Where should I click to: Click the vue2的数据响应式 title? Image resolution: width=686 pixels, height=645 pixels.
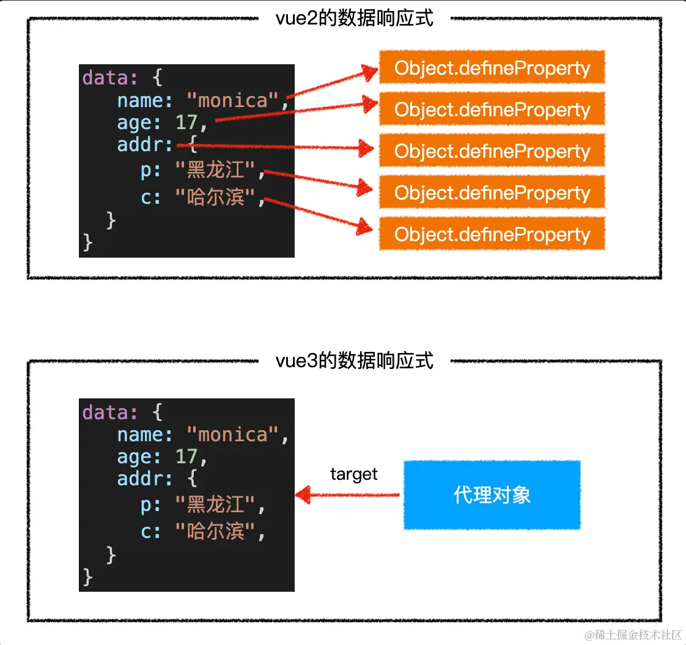click(355, 18)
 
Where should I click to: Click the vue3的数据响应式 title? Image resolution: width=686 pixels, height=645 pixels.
click(355, 361)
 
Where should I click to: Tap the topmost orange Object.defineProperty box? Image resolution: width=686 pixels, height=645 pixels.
click(492, 68)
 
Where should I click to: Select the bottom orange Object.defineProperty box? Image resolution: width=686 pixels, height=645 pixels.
click(492, 234)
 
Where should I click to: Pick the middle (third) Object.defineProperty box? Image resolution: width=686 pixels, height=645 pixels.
click(492, 151)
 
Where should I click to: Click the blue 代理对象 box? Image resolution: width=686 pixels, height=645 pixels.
click(492, 495)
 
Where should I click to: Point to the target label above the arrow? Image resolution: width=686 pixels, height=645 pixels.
click(353, 474)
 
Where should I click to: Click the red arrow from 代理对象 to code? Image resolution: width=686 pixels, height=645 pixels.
click(349, 495)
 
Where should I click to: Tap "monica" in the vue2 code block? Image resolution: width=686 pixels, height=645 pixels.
click(233, 100)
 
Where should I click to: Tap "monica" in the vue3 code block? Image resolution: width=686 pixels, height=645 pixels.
click(233, 434)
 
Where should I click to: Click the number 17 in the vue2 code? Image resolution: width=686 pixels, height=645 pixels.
click(186, 122)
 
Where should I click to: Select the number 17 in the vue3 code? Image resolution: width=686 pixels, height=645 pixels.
click(186, 457)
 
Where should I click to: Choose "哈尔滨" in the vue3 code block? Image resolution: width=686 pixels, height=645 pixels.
click(215, 530)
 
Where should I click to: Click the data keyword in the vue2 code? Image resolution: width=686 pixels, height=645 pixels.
click(105, 78)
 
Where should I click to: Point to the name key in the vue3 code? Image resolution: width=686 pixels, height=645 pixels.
click(141, 434)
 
